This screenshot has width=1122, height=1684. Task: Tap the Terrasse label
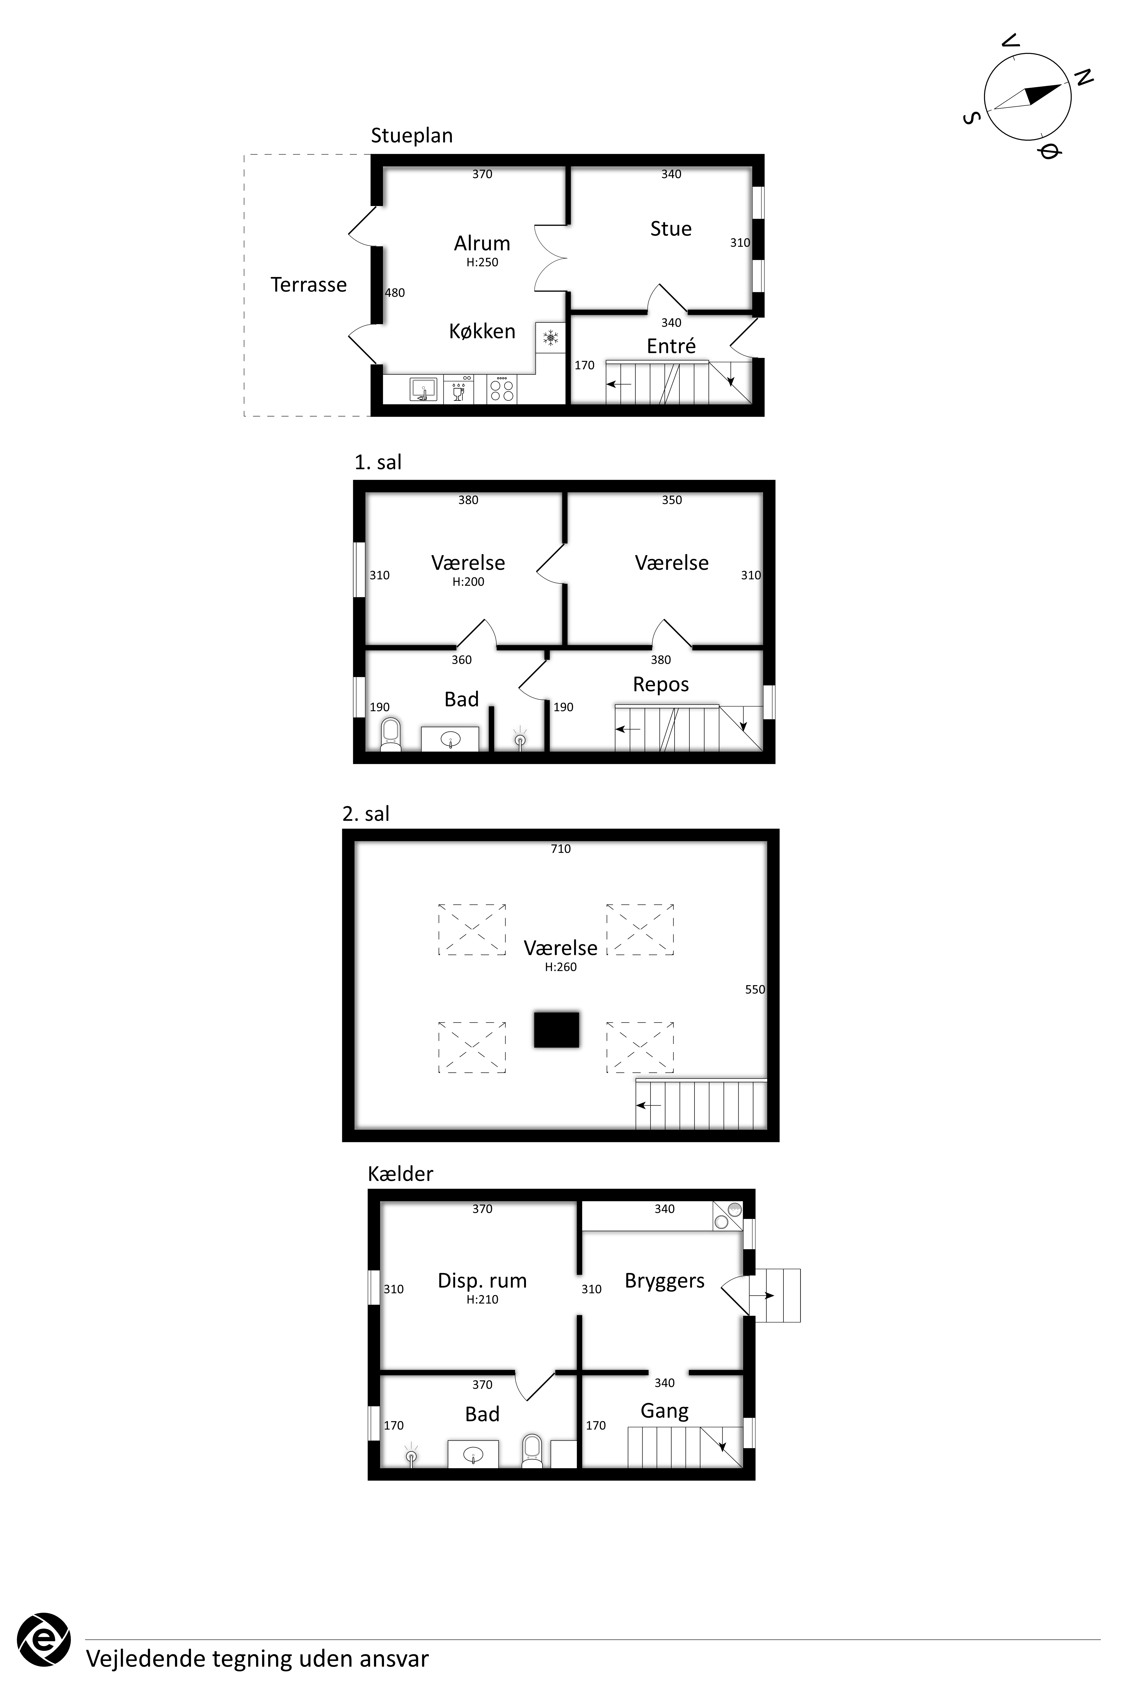[308, 285]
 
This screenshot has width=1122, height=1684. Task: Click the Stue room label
[670, 229]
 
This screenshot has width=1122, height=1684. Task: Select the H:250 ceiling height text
[482, 262]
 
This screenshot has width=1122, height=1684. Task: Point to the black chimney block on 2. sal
[556, 1029]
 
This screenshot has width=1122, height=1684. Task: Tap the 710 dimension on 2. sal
[560, 849]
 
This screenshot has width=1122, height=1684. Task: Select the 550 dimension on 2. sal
[755, 990]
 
